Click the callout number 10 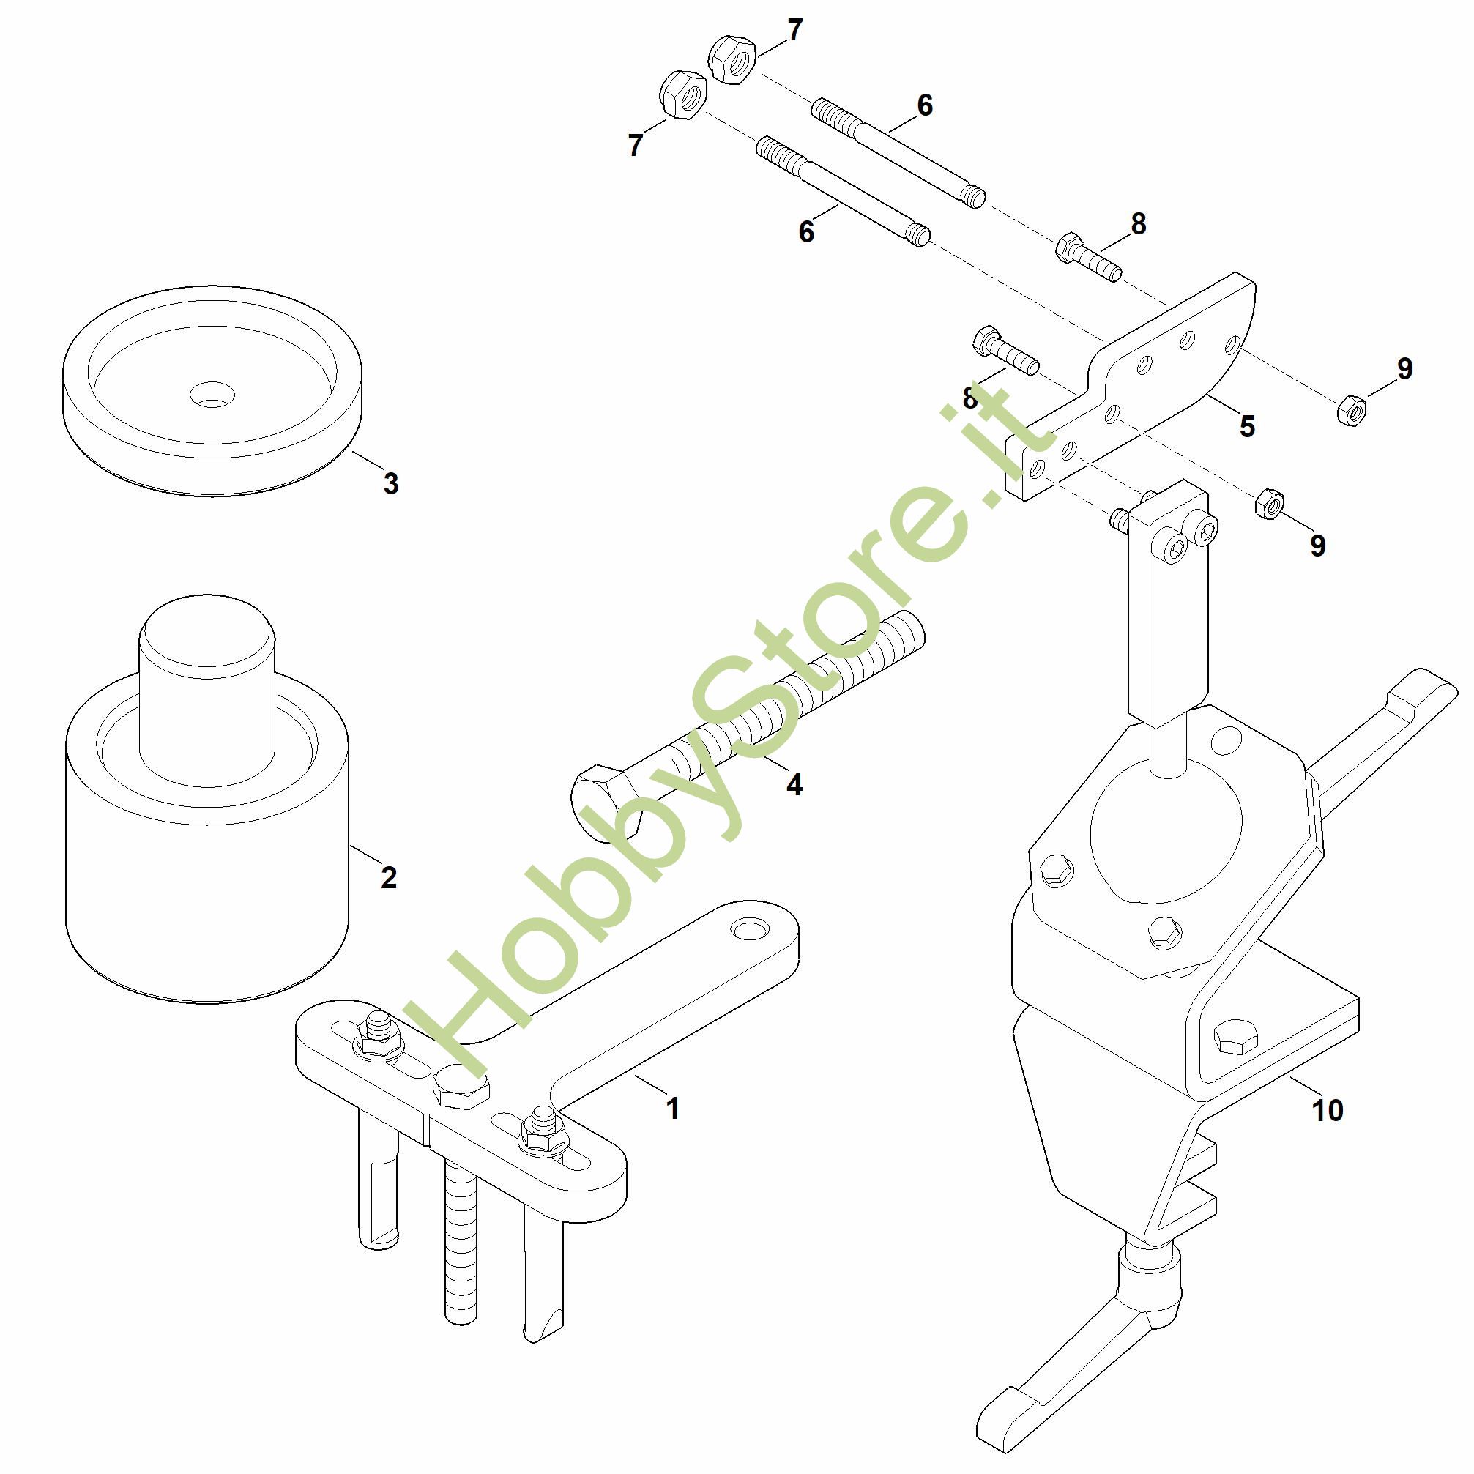pos(1328,1110)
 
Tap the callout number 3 pos(390,483)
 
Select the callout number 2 pos(388,878)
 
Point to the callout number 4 pos(794,784)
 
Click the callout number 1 pos(672,1109)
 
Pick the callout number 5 pos(1247,426)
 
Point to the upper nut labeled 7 pos(732,59)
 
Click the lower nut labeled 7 pos(683,94)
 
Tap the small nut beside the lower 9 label pos(1270,505)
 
